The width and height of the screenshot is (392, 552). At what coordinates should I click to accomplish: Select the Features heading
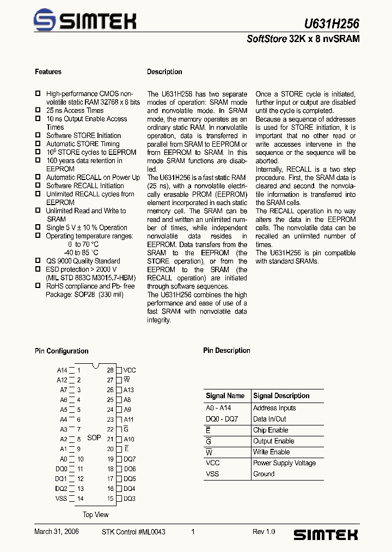[48, 72]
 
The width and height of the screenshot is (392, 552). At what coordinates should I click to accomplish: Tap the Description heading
[164, 72]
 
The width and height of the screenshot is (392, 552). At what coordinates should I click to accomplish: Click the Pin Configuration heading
[62, 351]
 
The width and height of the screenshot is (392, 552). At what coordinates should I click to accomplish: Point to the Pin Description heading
[226, 351]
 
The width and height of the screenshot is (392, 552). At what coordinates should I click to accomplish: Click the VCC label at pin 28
[130, 370]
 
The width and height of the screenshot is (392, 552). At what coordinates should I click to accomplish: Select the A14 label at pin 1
[62, 370]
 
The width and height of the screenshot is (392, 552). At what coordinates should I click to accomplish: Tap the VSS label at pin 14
[61, 499]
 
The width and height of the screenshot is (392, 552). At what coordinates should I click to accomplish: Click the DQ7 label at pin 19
[130, 459]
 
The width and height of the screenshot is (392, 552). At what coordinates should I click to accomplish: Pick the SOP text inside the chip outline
[94, 437]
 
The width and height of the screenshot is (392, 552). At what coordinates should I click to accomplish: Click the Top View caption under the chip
[95, 515]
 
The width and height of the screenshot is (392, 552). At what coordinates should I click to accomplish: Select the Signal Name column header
[225, 396]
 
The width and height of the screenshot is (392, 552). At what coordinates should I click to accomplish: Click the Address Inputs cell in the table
[274, 408]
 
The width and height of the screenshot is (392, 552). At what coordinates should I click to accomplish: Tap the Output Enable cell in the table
[273, 441]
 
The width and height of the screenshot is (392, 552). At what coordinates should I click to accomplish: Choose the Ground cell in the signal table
[264, 474]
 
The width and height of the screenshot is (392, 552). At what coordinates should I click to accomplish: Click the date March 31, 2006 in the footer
[57, 532]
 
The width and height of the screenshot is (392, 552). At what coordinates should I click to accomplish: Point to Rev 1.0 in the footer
[264, 532]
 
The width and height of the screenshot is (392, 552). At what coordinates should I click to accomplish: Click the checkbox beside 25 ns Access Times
[38, 110]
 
